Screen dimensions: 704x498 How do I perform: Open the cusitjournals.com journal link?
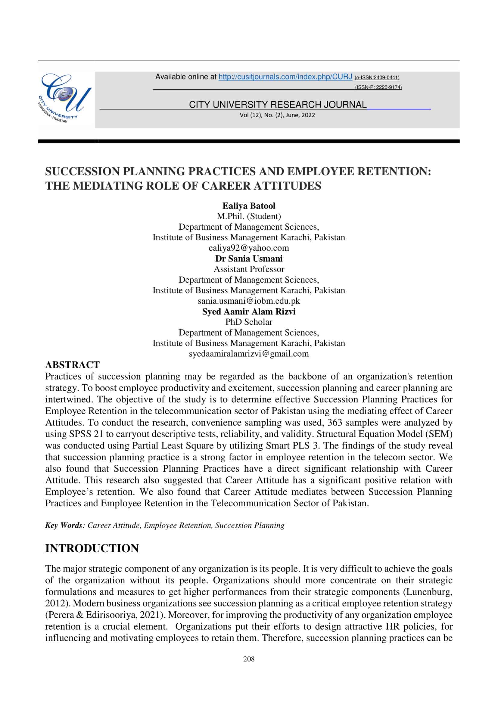click(x=285, y=77)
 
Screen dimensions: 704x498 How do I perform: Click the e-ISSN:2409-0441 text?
click(x=377, y=78)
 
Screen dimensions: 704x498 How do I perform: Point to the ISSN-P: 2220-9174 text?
click(x=378, y=87)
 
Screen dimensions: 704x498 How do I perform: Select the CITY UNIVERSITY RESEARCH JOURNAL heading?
click(x=278, y=105)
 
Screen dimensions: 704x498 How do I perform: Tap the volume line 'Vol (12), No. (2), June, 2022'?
click(x=277, y=115)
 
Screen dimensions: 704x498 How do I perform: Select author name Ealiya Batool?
click(x=249, y=206)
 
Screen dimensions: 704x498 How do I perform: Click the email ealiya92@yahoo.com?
click(x=249, y=248)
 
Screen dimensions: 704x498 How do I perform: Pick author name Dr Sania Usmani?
click(x=249, y=259)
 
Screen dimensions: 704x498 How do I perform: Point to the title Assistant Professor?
click(x=249, y=269)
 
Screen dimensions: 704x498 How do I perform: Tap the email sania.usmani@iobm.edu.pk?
click(x=249, y=301)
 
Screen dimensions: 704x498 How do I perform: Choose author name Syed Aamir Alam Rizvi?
click(x=249, y=312)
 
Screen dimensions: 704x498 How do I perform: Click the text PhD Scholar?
click(x=249, y=322)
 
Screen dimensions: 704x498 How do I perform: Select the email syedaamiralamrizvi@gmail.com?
click(x=249, y=354)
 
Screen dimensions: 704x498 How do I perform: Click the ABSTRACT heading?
click(x=72, y=365)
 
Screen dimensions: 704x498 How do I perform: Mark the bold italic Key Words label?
click(x=64, y=526)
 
